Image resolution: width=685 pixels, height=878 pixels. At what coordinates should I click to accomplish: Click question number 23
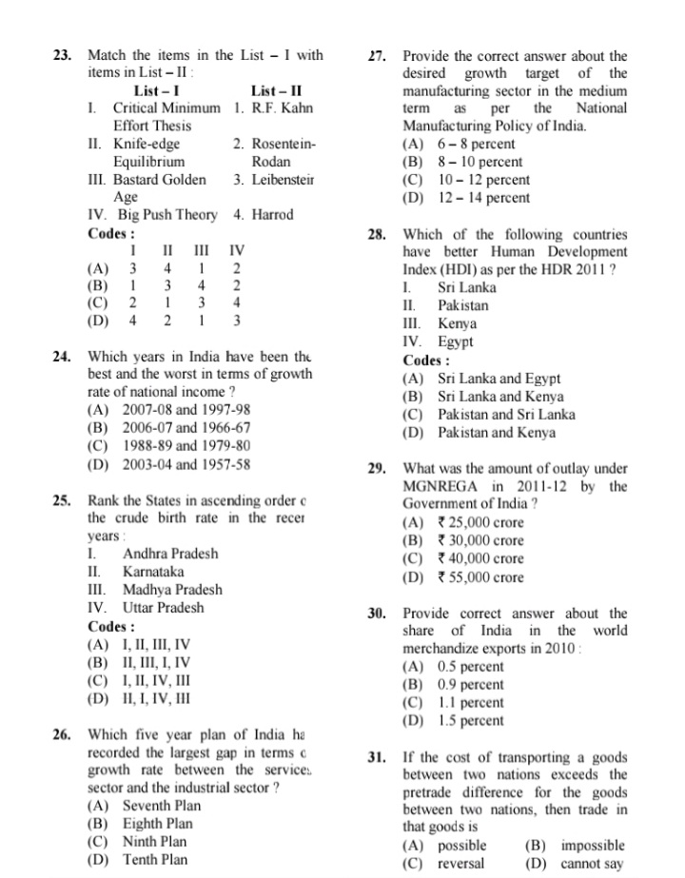pos(62,55)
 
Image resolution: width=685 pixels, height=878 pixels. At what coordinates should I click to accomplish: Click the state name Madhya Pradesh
pos(172,590)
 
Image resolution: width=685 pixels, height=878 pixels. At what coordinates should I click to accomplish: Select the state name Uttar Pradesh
pos(163,608)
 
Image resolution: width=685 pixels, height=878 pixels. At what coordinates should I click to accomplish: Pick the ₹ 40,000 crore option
pos(480,558)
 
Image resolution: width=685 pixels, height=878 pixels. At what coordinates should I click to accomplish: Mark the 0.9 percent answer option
pos(471,684)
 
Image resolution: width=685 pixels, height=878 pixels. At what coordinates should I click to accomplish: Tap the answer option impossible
pos(592,846)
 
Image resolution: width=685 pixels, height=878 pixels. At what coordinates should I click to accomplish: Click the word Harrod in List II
pos(273,215)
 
